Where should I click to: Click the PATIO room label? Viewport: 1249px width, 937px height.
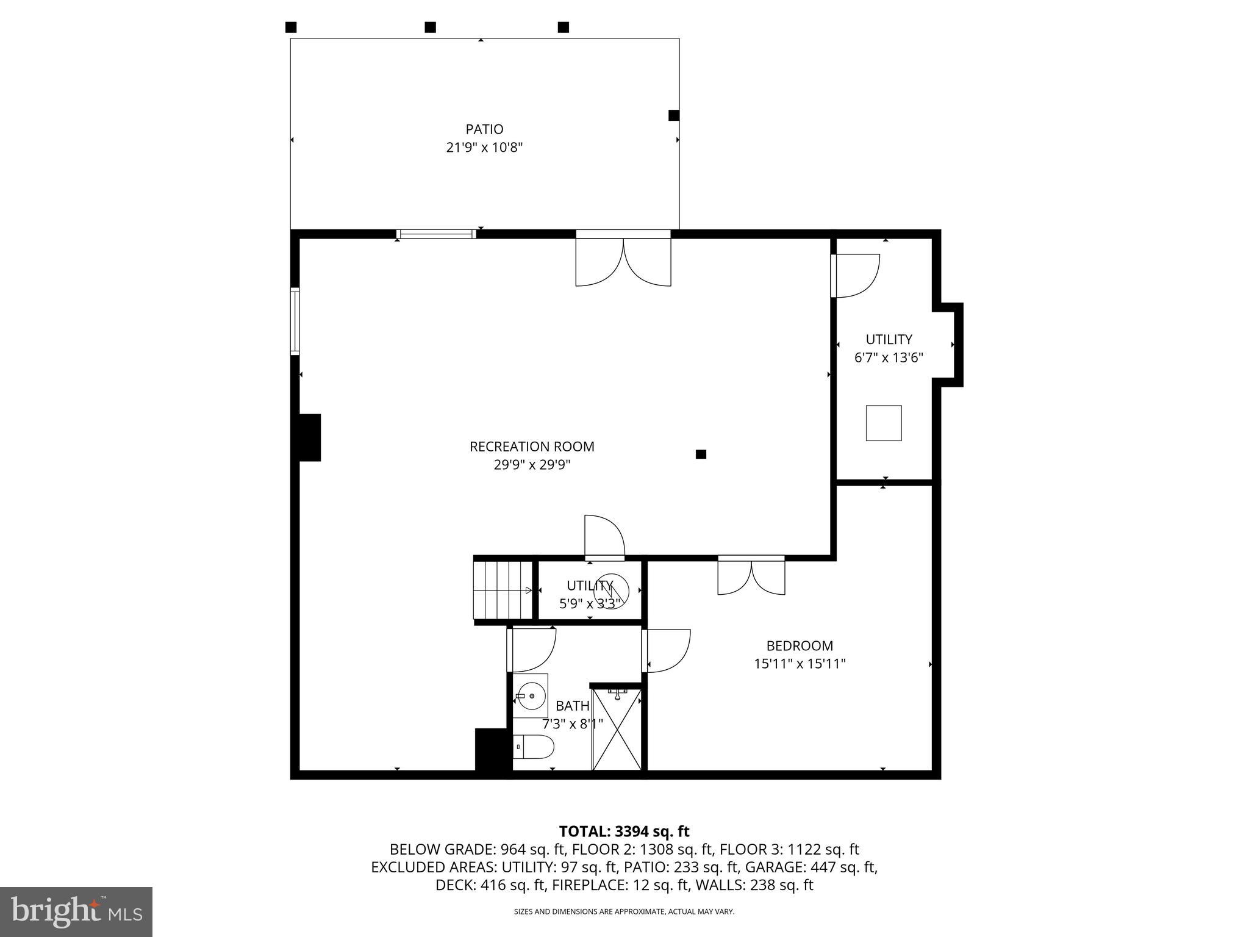484,129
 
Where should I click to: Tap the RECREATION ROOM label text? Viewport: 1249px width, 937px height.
532,447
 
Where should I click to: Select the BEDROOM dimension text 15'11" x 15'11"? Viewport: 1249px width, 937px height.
800,664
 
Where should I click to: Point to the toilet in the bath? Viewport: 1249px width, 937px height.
534,746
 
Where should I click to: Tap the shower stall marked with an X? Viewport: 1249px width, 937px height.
617,729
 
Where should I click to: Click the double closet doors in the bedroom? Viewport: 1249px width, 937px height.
751,576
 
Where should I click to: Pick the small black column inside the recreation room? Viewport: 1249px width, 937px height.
701,454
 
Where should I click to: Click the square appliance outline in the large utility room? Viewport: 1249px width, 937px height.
884,423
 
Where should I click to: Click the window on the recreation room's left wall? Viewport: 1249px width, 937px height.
295,321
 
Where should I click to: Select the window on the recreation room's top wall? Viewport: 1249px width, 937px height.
436,234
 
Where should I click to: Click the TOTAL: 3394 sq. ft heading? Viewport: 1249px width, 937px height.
624,831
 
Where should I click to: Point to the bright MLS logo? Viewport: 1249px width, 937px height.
76,911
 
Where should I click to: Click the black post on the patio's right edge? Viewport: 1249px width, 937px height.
674,115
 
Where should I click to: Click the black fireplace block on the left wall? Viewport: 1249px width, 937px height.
310,437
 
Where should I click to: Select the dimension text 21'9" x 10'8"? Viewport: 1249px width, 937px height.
484,148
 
